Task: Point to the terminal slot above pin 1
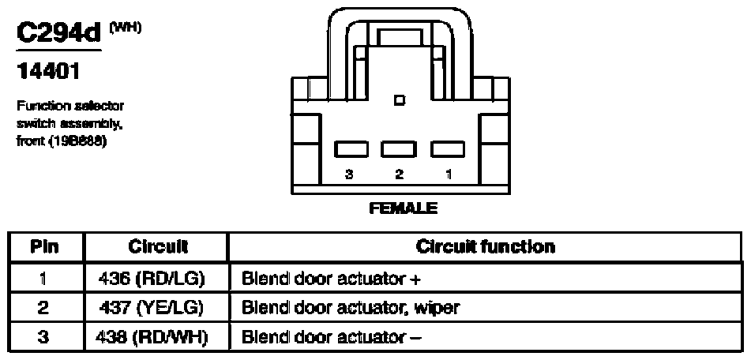click(x=446, y=149)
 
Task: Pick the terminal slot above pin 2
click(x=399, y=149)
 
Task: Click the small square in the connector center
click(x=400, y=100)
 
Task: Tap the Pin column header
click(x=45, y=246)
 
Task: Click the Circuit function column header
click(x=485, y=246)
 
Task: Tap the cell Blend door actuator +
click(x=316, y=277)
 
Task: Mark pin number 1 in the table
click(x=45, y=277)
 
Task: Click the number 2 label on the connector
click(x=400, y=176)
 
